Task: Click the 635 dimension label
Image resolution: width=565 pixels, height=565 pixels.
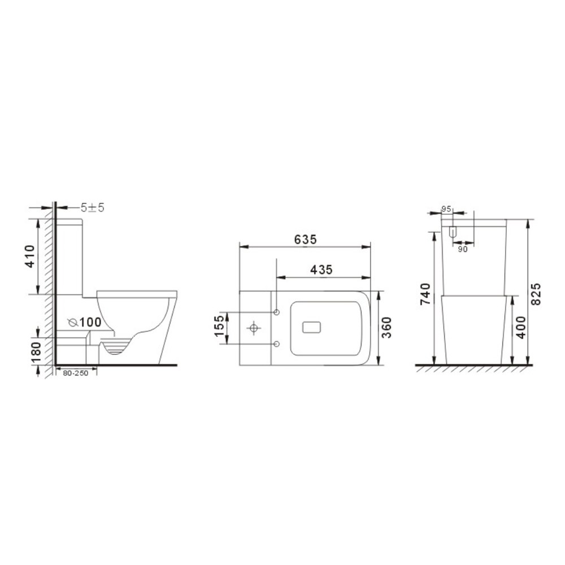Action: [x=305, y=239]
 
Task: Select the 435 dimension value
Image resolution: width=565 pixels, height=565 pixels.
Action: [x=321, y=270]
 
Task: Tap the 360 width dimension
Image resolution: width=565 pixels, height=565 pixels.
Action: [x=386, y=327]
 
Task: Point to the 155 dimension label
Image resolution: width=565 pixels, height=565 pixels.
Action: [x=219, y=326]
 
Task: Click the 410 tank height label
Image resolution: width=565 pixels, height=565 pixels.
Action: [x=30, y=256]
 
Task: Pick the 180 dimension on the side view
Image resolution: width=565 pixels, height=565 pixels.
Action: [x=36, y=353]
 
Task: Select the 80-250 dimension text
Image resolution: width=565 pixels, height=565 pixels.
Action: [x=76, y=373]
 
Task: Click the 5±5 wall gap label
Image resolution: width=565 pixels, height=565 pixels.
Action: [x=92, y=207]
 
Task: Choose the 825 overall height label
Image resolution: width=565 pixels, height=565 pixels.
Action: [x=536, y=294]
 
